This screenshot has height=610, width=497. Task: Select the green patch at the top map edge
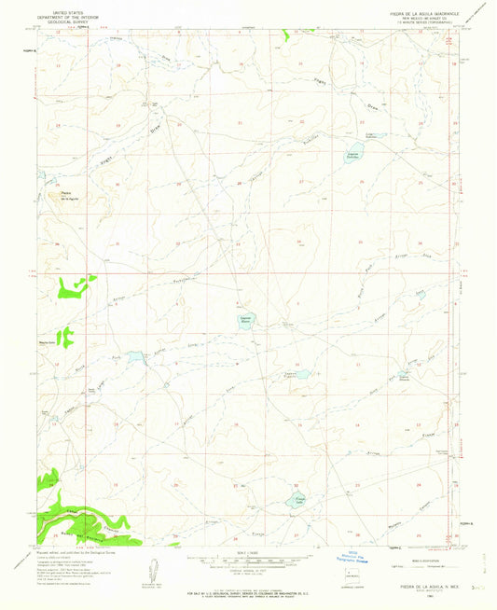[286, 35]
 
